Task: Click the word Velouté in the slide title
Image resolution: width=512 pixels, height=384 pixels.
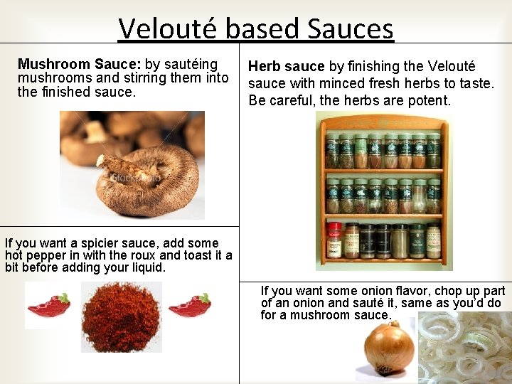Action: pos(169,28)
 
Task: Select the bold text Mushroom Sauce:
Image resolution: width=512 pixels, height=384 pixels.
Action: pos(80,65)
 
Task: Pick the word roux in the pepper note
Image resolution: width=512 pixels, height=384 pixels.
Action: pos(146,255)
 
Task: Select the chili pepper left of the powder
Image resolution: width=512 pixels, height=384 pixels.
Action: pos(48,306)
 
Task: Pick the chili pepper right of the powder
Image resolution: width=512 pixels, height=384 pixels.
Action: pos(190,306)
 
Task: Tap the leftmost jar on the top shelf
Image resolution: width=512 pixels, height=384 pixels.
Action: pos(332,150)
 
